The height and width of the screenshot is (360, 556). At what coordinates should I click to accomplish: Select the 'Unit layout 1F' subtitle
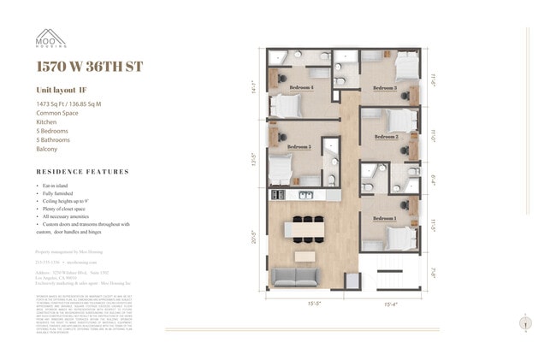(62, 89)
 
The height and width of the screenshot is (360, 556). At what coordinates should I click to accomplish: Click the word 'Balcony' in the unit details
(47, 149)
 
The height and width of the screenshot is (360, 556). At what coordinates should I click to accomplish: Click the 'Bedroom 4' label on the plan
(300, 87)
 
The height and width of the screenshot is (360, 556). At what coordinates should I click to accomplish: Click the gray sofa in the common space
(295, 275)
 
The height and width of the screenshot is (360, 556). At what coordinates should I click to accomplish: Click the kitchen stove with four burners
(276, 196)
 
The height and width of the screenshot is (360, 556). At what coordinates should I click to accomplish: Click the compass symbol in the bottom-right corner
(523, 323)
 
